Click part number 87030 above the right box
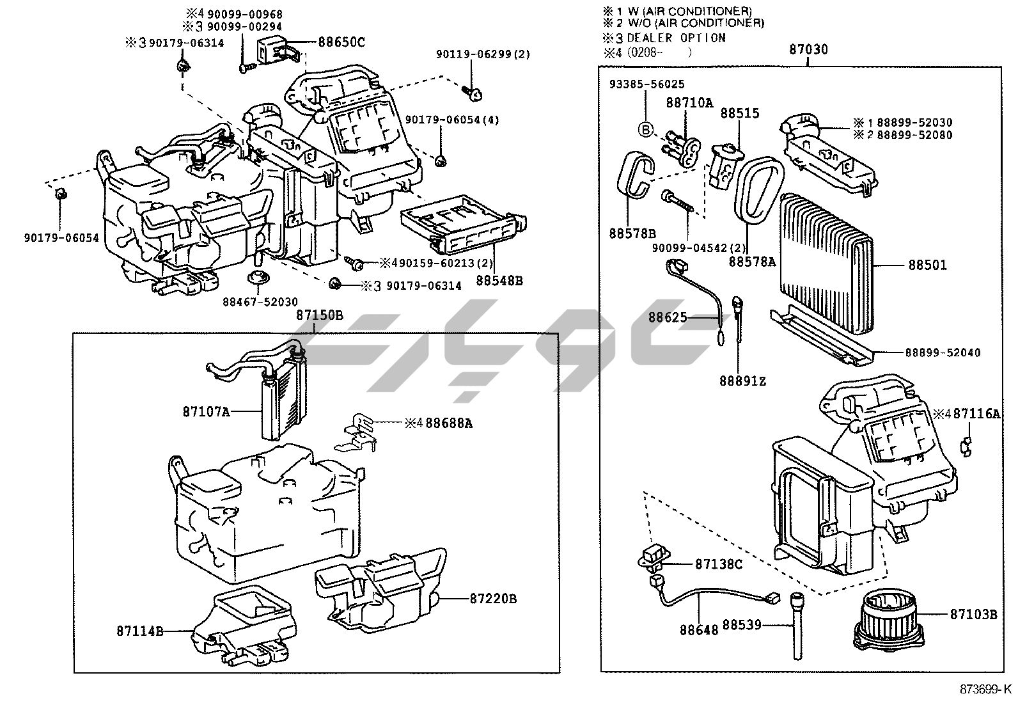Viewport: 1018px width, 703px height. pos(808,50)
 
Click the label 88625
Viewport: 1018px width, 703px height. pos(667,317)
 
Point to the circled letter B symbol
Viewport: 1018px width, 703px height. pos(646,130)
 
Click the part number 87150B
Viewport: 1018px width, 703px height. pos(319,315)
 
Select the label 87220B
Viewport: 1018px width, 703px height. pos(493,599)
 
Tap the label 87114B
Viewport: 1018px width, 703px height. pos(139,631)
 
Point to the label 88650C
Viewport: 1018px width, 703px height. pos(341,42)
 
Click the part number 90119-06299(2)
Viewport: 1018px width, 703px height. pos(483,54)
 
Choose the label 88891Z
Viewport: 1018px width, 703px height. pos(742,381)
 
